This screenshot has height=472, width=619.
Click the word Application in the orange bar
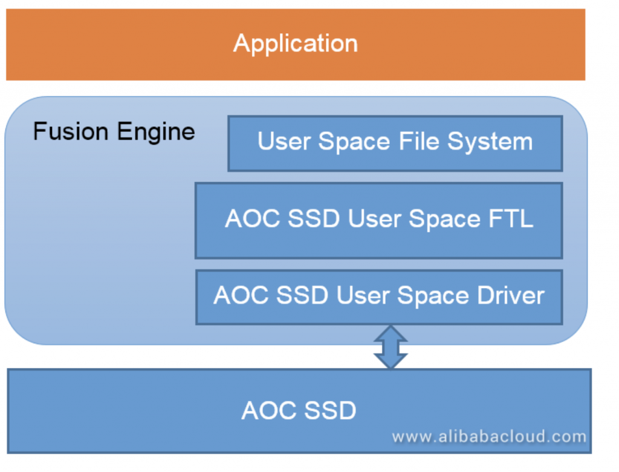[296, 44]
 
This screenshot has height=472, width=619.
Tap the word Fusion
[71, 131]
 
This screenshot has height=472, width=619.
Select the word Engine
[156, 133]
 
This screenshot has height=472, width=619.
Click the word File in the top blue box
[419, 141]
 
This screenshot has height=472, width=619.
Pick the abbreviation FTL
[511, 218]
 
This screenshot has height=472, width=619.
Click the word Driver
[511, 295]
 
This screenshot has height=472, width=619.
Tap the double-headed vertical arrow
[391, 347]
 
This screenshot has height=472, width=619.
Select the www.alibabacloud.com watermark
[489, 437]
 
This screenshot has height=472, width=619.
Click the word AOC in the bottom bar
[268, 410]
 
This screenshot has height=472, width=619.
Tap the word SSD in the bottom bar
[330, 410]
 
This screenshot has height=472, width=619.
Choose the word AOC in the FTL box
[252, 218]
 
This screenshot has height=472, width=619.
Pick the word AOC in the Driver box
[241, 295]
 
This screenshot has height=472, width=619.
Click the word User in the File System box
[284, 141]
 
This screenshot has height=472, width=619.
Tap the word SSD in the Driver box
[302, 295]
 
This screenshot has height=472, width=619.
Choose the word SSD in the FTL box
[314, 218]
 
